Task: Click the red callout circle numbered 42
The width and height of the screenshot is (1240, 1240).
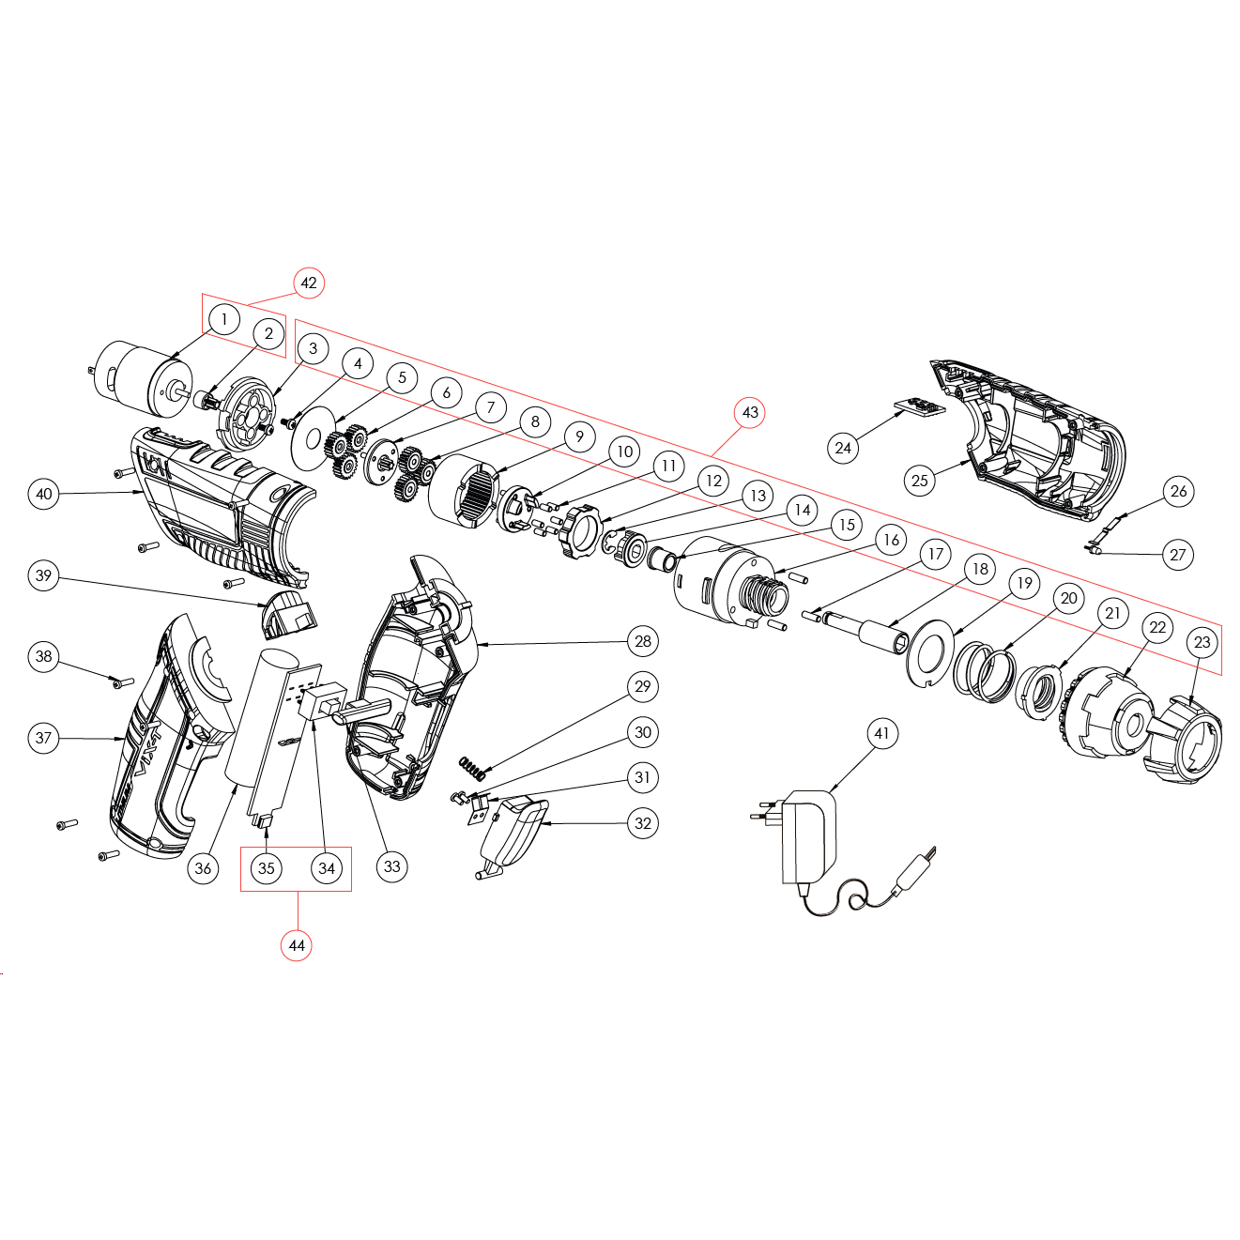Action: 309,283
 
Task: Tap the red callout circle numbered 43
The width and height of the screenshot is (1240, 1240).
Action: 750,412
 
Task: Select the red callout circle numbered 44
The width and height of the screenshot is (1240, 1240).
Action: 296,945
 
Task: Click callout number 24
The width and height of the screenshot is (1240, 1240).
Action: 843,448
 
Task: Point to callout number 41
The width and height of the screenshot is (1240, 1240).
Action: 881,733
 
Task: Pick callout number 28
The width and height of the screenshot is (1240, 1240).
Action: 643,641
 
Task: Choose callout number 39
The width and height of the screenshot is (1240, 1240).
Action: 43,575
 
